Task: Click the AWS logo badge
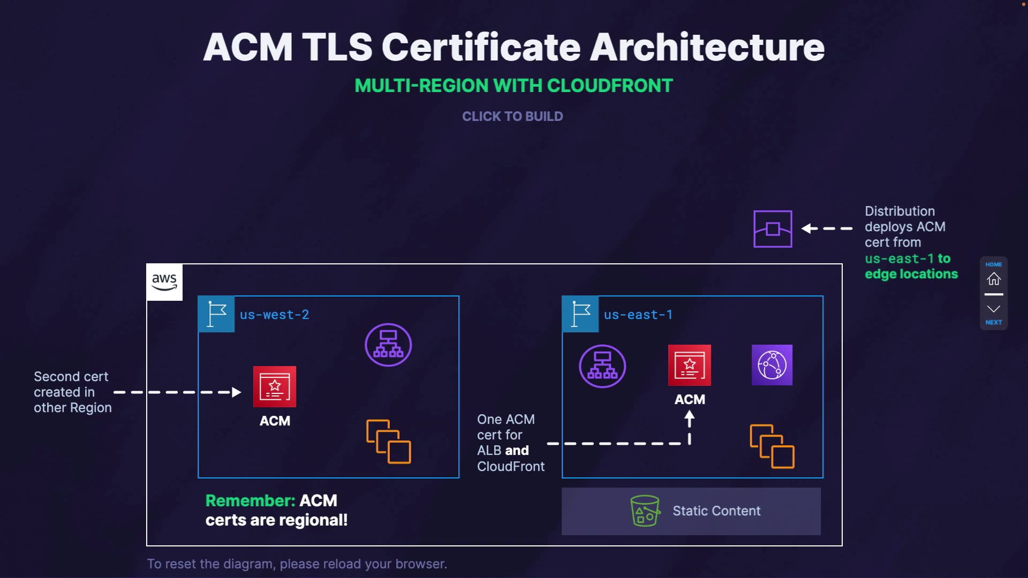pos(164,282)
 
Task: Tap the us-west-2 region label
pos(274,315)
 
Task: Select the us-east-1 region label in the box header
pos(638,315)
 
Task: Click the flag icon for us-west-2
pos(216,314)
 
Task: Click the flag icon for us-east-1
pos(580,314)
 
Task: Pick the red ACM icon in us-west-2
pos(275,386)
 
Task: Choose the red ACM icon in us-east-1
pos(690,365)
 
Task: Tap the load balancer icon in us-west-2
pos(388,345)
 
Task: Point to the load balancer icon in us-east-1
pos(602,366)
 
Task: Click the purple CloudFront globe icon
pos(772,365)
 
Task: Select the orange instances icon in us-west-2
pos(389,442)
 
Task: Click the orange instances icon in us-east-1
pos(772,446)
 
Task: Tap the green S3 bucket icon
pos(645,511)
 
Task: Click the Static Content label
pos(716,511)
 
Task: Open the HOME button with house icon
pos(994,276)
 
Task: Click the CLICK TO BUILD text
pos(512,117)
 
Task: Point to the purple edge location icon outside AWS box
pos(773,229)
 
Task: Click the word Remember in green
pos(250,500)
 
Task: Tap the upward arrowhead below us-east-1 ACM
pos(690,416)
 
